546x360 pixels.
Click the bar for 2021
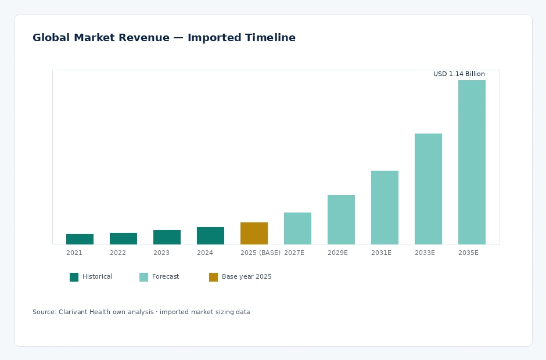(x=80, y=239)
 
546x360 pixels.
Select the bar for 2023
(x=167, y=237)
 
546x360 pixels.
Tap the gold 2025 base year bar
(x=254, y=233)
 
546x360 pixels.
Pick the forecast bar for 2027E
(x=298, y=228)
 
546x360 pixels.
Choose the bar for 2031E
(x=385, y=207)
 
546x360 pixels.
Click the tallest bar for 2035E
(x=472, y=162)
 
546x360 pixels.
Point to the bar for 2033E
(x=428, y=189)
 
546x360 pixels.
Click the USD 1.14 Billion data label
(x=459, y=74)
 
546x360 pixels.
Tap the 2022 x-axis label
(x=118, y=253)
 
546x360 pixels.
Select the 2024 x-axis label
(x=204, y=253)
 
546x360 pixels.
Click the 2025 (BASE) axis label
(x=260, y=253)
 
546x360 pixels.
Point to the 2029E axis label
(x=338, y=253)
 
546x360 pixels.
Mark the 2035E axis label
(x=468, y=253)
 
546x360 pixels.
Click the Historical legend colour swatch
(x=74, y=277)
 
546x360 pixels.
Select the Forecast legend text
(x=166, y=276)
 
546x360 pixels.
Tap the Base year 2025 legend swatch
(x=213, y=277)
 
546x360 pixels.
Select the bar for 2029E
(x=342, y=219)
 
